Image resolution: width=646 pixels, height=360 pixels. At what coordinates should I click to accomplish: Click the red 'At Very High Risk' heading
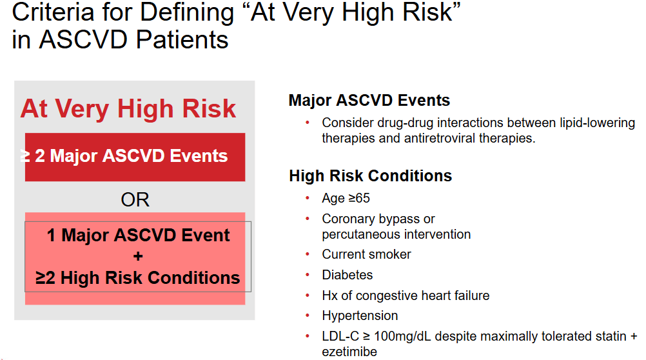(128, 109)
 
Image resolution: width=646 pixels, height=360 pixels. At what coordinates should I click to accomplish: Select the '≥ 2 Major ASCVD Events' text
(124, 156)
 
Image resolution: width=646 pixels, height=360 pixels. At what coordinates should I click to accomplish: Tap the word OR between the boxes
(135, 199)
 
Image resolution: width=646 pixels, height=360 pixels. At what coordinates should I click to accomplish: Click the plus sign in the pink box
(138, 256)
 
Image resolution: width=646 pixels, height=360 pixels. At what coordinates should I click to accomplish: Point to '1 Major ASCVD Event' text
(138, 235)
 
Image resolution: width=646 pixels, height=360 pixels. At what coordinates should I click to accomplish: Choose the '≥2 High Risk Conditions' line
(137, 277)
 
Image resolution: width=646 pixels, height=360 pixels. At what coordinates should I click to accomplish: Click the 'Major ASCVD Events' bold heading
(369, 100)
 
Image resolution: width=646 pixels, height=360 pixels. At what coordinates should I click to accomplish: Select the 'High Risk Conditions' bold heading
(370, 175)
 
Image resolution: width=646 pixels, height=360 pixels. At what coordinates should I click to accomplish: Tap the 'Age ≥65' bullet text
(346, 198)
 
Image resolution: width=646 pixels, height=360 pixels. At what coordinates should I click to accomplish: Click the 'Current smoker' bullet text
(366, 254)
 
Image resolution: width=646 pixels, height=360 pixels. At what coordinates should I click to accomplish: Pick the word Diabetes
(347, 275)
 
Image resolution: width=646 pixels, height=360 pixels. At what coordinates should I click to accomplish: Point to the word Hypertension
(360, 316)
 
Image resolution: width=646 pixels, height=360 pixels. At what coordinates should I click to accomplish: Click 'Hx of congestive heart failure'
(406, 295)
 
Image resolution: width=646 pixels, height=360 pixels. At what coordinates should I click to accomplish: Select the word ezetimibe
(349, 352)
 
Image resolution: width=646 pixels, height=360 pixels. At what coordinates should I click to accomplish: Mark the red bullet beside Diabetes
(308, 275)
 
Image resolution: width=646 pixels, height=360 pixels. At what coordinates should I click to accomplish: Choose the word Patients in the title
(182, 40)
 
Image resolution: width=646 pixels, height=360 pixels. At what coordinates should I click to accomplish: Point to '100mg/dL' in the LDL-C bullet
(402, 337)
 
